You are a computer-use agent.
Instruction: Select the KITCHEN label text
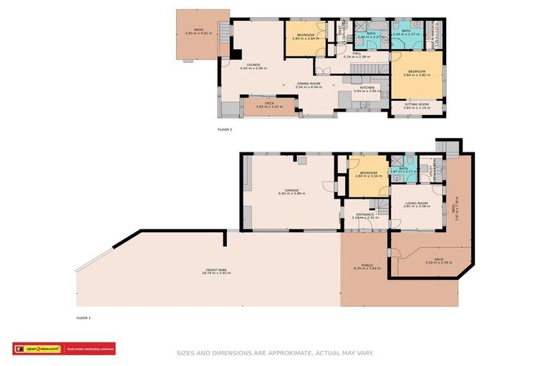click(365, 89)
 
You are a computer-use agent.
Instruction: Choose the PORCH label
click(365, 266)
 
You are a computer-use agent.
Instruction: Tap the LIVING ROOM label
click(416, 204)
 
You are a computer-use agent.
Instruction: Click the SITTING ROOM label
click(416, 106)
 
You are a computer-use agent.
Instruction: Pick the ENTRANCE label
click(360, 215)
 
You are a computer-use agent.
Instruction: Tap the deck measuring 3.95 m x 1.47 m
click(269, 105)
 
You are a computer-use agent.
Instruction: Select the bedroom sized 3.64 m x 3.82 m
click(417, 73)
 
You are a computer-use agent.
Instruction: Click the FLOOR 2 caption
click(225, 129)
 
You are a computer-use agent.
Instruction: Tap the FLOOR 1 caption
click(84, 317)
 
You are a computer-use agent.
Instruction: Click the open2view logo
click(37, 349)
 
